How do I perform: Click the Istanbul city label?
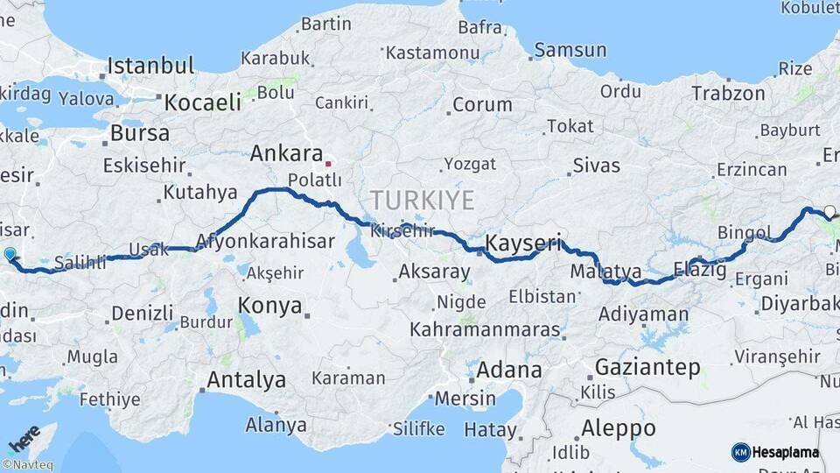pyautogui.click(x=150, y=66)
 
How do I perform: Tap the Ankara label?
pyautogui.click(x=286, y=154)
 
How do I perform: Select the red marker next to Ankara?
pyautogui.click(x=328, y=163)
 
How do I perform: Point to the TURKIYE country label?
pyautogui.click(x=422, y=201)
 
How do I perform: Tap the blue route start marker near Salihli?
pyautogui.click(x=10, y=254)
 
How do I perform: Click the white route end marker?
pyautogui.click(x=829, y=211)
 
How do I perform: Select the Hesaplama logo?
pyautogui.click(x=775, y=452)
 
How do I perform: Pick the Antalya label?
pyautogui.click(x=246, y=380)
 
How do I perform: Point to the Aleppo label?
pyautogui.click(x=617, y=428)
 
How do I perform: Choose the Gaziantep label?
pyautogui.click(x=647, y=367)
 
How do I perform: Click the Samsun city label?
pyautogui.click(x=570, y=50)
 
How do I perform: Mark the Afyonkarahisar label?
pyautogui.click(x=265, y=241)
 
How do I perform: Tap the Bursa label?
pyautogui.click(x=140, y=134)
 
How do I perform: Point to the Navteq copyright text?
pyautogui.click(x=26, y=465)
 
